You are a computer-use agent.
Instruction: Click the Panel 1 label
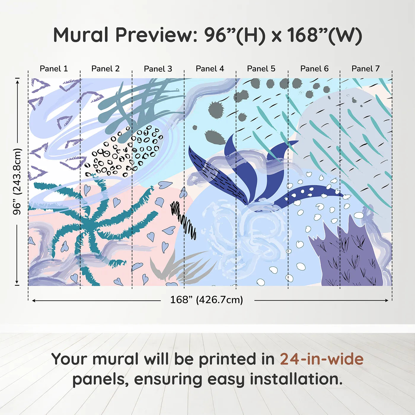point(54,69)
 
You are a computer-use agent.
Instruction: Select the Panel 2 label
point(106,69)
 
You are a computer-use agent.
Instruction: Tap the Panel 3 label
point(158,69)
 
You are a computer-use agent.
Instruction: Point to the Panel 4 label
point(210,69)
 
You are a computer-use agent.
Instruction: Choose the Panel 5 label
point(261,69)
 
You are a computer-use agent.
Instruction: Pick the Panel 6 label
point(315,69)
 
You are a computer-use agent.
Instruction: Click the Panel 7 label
point(365,69)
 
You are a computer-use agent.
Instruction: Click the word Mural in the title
point(81,35)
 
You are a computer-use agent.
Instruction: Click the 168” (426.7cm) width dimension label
point(207,300)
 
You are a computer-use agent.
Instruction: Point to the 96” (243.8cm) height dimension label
point(17,181)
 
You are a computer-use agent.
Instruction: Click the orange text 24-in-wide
point(322,359)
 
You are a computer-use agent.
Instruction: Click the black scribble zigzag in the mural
point(183,220)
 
